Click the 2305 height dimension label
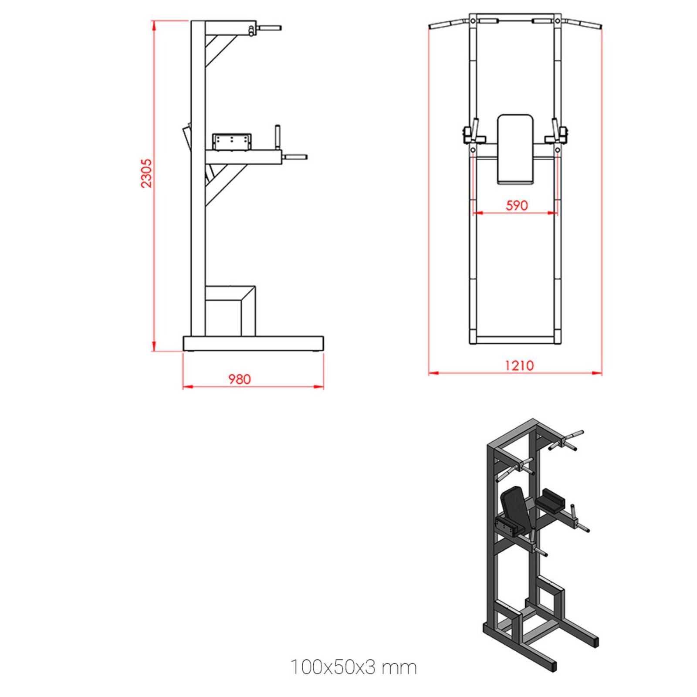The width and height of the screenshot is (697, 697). [146, 173]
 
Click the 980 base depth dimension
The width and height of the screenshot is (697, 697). [240, 379]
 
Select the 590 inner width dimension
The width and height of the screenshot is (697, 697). [517, 205]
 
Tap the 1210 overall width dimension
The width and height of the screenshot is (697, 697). [519, 365]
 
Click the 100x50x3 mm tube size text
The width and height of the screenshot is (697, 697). [353, 667]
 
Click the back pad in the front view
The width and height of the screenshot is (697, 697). [515, 149]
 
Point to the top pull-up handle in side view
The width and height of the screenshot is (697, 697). [269, 28]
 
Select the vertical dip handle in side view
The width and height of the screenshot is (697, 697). [277, 137]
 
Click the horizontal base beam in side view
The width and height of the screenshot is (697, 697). [253, 343]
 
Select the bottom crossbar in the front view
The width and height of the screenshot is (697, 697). [515, 340]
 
